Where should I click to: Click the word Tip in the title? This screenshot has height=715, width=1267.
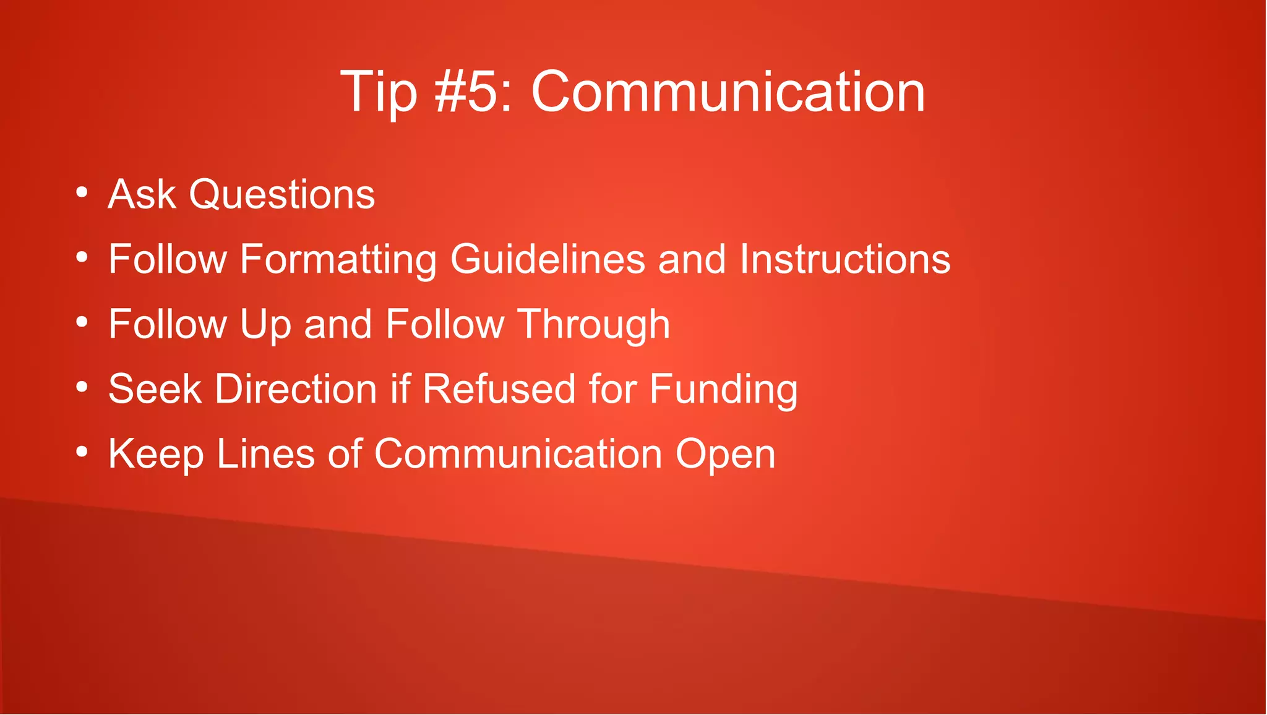click(378, 92)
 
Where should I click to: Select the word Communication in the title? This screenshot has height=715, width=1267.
click(728, 92)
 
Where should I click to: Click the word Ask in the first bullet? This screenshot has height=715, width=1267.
click(142, 194)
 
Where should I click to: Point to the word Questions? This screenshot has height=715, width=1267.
click(281, 195)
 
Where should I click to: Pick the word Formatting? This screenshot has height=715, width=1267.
click(338, 260)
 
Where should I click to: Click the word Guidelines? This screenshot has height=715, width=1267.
click(548, 259)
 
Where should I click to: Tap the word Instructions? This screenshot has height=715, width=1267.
click(845, 259)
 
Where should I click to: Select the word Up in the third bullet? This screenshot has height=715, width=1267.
click(265, 325)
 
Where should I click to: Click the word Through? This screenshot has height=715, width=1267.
click(593, 325)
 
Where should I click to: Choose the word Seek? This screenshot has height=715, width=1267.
click(155, 389)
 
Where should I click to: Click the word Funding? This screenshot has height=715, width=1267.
click(723, 390)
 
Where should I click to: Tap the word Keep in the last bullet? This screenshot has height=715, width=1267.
click(156, 455)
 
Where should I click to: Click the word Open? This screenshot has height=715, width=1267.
click(725, 455)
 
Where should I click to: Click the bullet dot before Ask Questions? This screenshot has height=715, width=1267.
click(82, 192)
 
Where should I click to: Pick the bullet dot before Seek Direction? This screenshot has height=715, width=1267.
click(82, 387)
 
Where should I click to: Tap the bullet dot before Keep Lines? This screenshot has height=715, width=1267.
click(82, 452)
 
